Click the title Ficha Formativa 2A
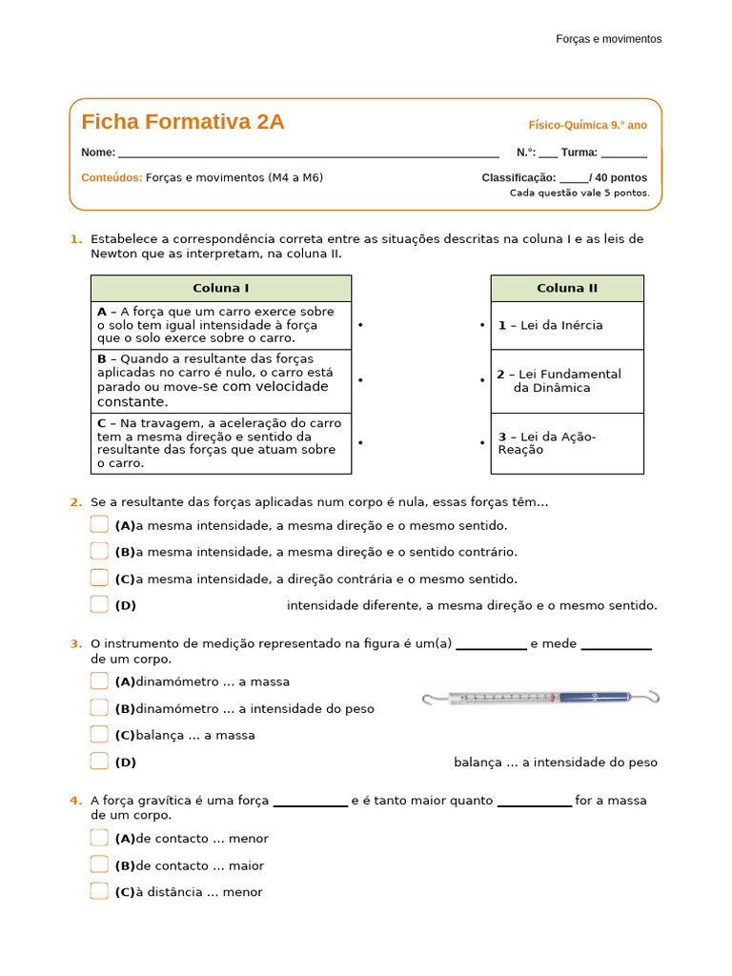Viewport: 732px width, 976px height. coord(183,122)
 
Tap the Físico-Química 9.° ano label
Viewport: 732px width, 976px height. coord(587,125)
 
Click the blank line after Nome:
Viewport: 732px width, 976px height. coord(308,153)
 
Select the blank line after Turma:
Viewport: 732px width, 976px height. coord(624,153)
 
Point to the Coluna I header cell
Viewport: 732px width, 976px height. coord(221,288)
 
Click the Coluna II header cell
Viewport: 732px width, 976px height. coord(567,288)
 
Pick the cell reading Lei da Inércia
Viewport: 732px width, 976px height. coord(567,325)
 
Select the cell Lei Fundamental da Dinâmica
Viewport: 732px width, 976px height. coord(567,381)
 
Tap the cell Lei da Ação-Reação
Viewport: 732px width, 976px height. coord(567,443)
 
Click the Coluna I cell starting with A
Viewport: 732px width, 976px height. coord(221,325)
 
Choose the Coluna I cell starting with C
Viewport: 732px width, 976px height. coord(221,443)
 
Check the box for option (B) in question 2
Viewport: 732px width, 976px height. coord(100,551)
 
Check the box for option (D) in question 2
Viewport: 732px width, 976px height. coord(100,604)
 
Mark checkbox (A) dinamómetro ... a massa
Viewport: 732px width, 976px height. coord(100,681)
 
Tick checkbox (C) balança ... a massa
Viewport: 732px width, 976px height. coord(100,734)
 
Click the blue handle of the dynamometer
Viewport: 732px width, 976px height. coord(594,699)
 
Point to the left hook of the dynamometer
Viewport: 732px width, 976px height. coord(432,701)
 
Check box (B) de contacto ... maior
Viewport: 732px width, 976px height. coord(100,864)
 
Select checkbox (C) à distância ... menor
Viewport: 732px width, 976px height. coord(100,891)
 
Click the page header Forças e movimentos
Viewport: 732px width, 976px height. coord(608,39)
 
